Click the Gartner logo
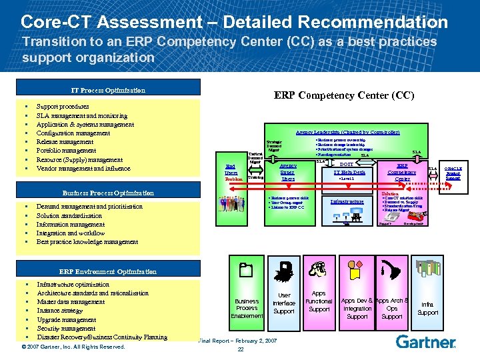click(x=426, y=342)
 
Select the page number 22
click(x=241, y=350)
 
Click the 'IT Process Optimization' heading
click(x=108, y=90)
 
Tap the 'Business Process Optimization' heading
click(x=108, y=193)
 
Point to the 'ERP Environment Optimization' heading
click(x=108, y=271)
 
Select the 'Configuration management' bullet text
click(x=73, y=133)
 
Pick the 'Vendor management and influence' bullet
click(x=84, y=168)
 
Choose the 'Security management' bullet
click(x=66, y=328)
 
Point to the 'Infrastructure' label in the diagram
click(x=347, y=201)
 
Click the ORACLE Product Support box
click(x=453, y=173)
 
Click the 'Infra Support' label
click(x=427, y=308)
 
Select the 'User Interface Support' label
click(x=284, y=303)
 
